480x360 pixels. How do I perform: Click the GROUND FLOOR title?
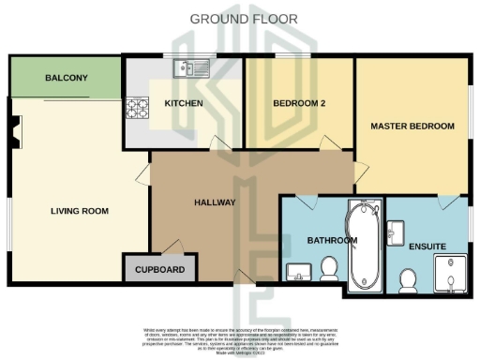click(244, 18)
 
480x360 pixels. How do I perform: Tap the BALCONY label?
click(66, 78)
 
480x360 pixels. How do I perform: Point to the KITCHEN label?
click(183, 102)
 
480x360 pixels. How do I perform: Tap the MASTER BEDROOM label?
click(412, 126)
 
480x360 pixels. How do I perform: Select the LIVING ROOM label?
click(80, 211)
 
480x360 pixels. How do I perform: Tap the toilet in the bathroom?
click(329, 270)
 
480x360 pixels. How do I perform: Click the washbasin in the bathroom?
click(299, 272)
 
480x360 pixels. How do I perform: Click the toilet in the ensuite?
click(408, 278)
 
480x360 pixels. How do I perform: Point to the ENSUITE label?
click(427, 247)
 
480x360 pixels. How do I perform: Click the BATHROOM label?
click(333, 241)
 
